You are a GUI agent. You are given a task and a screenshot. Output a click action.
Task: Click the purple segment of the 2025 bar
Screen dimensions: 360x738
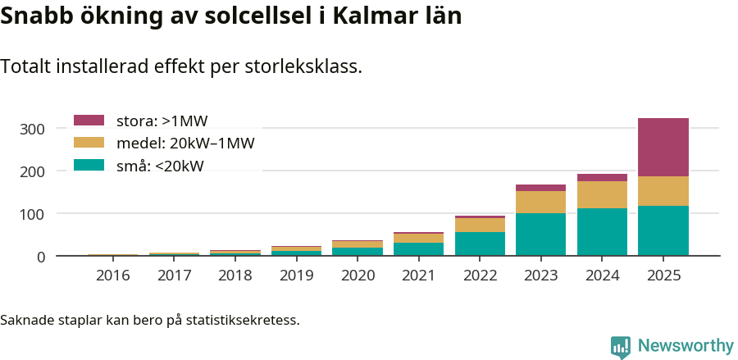coord(663,148)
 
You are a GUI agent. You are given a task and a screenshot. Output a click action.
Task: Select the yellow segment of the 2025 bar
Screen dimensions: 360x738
coord(663,191)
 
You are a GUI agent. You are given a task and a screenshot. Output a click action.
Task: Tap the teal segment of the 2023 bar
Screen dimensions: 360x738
coord(540,235)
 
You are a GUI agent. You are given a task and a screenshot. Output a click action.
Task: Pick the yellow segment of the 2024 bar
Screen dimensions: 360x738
coord(602,195)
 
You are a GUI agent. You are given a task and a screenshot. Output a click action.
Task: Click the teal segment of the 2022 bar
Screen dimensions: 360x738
coord(480,244)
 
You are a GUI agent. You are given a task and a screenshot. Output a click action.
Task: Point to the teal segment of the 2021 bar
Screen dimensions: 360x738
coord(418,249)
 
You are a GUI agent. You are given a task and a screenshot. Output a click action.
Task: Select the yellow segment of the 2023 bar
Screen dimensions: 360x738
coord(540,202)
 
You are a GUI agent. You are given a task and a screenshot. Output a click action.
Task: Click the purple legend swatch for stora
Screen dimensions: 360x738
coord(89,121)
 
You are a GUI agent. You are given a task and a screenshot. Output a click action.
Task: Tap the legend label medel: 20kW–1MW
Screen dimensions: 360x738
coord(185,144)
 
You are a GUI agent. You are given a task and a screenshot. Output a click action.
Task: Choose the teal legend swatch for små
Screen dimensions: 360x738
coord(89,165)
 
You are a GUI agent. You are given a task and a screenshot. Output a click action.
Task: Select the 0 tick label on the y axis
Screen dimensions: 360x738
coord(40,257)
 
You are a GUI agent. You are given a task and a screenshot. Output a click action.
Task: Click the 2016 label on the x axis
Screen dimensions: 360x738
coord(112,276)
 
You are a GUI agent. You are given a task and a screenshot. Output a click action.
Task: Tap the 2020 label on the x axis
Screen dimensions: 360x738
coord(358,276)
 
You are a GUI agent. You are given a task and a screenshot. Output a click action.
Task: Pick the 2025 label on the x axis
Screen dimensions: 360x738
coord(663,276)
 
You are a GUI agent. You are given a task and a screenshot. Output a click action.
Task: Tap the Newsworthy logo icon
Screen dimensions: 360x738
coord(621,346)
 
